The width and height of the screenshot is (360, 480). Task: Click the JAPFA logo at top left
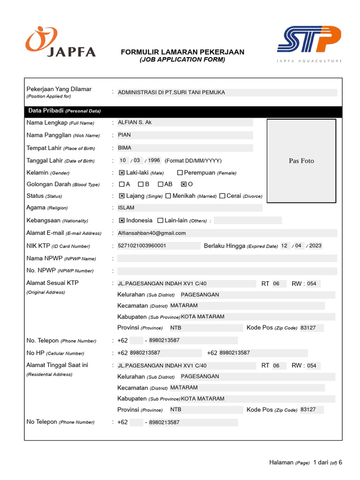click(60, 42)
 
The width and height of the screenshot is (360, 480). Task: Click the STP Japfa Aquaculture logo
click(309, 44)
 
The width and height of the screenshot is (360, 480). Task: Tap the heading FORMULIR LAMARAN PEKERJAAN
click(182, 52)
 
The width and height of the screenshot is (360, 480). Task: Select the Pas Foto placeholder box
click(301, 161)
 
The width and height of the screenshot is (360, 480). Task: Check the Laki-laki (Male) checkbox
click(122, 173)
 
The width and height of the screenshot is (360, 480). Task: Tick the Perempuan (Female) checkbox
click(180, 173)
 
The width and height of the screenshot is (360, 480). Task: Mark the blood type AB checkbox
click(160, 185)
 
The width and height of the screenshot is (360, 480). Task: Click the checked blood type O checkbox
click(184, 185)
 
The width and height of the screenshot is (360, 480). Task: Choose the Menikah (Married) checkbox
click(168, 196)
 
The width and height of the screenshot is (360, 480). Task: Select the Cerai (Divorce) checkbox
click(222, 196)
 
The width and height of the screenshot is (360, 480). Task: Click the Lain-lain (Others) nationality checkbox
click(160, 220)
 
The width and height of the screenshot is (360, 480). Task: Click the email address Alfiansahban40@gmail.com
click(152, 233)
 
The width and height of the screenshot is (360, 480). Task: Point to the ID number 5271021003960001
click(142, 246)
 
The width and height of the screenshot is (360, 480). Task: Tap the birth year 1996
click(154, 160)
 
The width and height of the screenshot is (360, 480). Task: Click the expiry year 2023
click(315, 246)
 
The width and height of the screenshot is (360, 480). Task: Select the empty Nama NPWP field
click(227, 258)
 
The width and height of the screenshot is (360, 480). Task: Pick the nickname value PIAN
click(125, 135)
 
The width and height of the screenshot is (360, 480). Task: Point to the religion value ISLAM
click(126, 208)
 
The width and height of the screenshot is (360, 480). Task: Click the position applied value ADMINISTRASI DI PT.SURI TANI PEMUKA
click(172, 92)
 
